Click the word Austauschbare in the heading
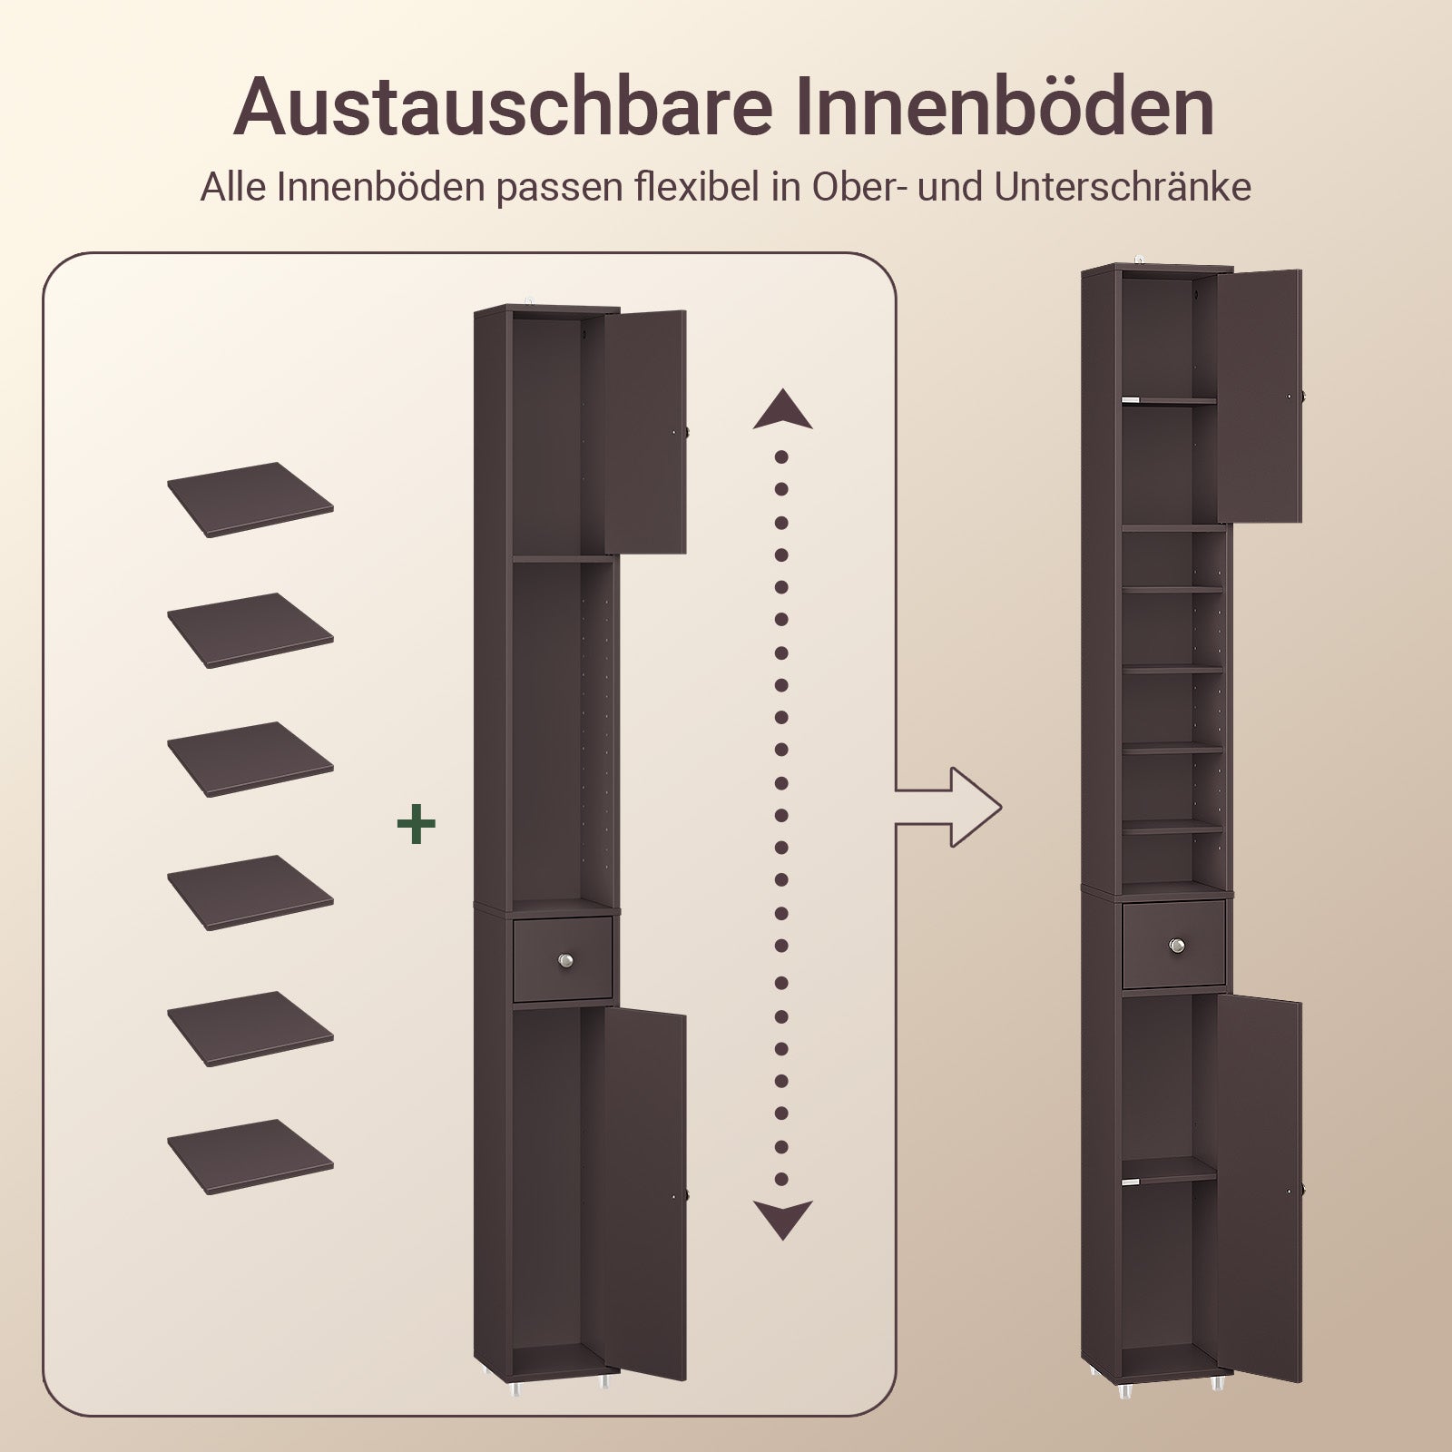pyautogui.click(x=504, y=109)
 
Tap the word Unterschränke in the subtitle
pyautogui.click(x=1123, y=188)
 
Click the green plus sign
pyautogui.click(x=417, y=824)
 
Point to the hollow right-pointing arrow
pyautogui.click(x=949, y=807)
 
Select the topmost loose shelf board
pyautogui.click(x=250, y=499)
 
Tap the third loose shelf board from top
pyautogui.click(x=250, y=759)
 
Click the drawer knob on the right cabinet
pyautogui.click(x=1178, y=946)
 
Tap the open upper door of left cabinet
pyautogui.click(x=645, y=431)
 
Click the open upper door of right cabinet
pyautogui.click(x=1259, y=395)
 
